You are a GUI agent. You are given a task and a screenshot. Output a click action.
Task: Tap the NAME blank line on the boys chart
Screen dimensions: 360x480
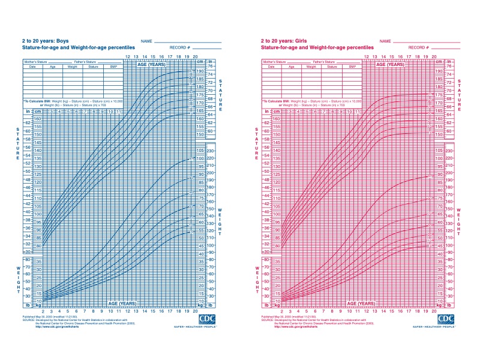188,41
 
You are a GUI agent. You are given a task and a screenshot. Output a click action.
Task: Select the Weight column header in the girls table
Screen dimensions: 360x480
311,67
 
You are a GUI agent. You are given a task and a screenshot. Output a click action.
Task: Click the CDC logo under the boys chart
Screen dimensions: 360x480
207,319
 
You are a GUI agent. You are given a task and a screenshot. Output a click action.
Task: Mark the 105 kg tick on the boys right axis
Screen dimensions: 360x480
200,151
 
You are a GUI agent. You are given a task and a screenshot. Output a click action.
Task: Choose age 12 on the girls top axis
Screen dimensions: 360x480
367,57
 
